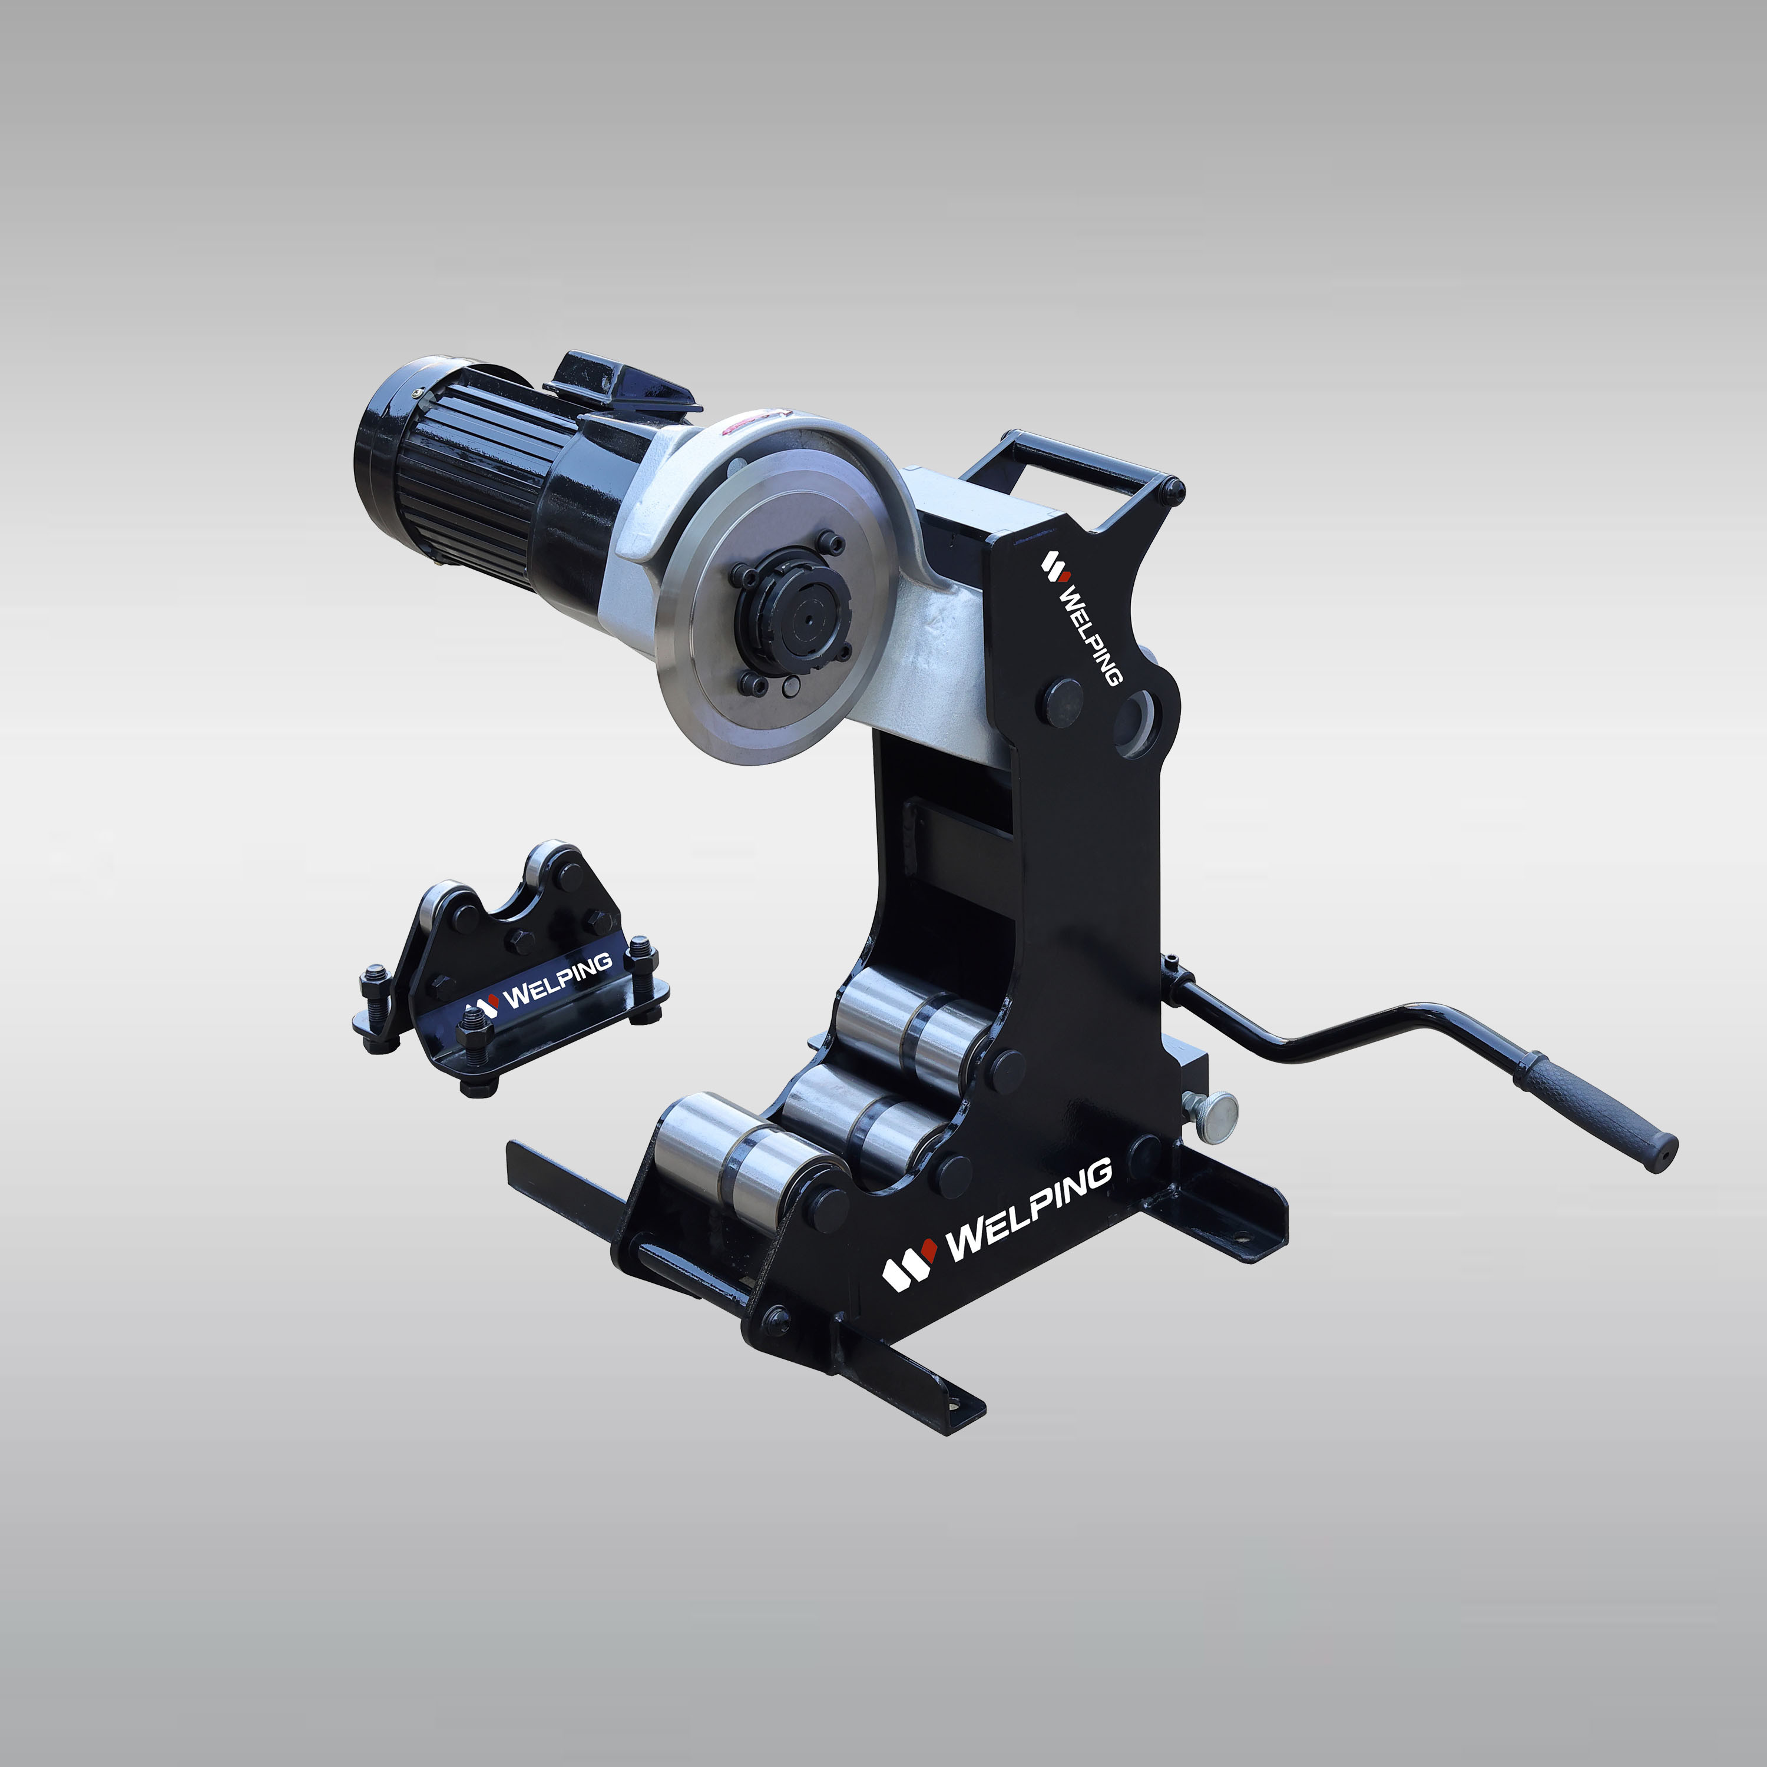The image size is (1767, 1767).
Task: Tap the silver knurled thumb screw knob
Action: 1214,1115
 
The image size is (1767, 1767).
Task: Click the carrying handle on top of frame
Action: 1070,466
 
